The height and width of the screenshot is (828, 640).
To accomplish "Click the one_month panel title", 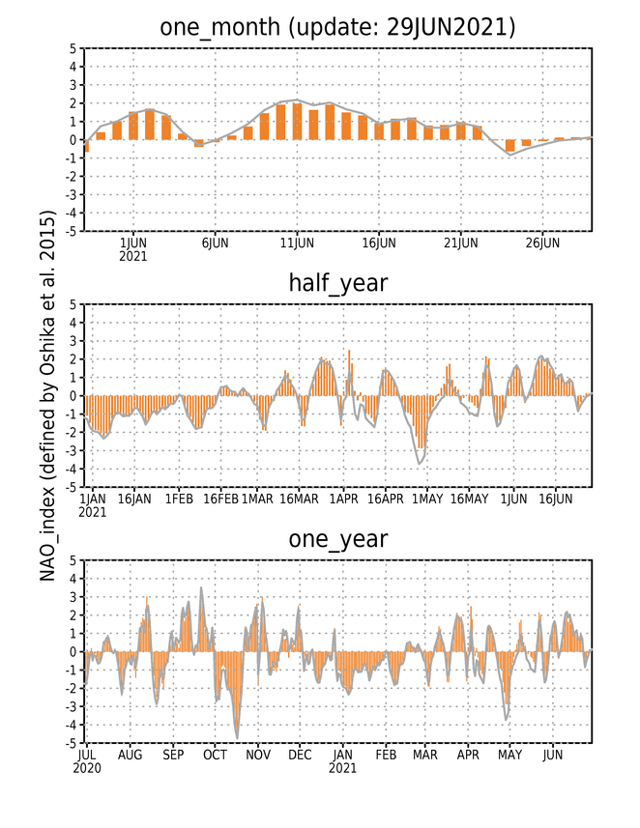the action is click(x=337, y=27).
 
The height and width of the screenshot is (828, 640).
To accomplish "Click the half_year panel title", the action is click(x=337, y=283).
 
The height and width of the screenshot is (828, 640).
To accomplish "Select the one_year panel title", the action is click(x=337, y=539).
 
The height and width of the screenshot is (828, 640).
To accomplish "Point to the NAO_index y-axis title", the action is click(x=47, y=395).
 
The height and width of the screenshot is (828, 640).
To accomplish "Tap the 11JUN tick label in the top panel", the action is click(x=297, y=243).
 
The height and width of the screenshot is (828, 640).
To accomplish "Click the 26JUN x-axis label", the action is click(x=542, y=243).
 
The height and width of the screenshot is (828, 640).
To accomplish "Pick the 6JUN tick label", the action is click(x=215, y=243).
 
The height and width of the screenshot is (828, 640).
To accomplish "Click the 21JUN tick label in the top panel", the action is click(x=461, y=243).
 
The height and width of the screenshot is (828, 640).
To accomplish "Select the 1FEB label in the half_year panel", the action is click(x=179, y=499).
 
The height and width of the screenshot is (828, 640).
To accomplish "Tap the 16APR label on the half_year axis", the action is click(x=386, y=499).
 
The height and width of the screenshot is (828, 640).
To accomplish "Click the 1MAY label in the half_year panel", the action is click(x=427, y=499).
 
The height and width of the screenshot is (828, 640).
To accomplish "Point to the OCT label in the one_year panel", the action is click(x=215, y=756).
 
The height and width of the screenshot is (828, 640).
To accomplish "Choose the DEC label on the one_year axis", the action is click(x=300, y=756).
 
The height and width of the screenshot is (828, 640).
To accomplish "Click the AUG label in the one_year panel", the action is click(x=130, y=756).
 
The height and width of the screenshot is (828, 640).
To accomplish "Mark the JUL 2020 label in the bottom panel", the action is click(x=87, y=761).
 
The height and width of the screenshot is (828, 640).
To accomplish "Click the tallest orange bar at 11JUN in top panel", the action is click(x=297, y=122).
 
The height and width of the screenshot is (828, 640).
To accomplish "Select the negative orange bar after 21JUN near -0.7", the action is click(x=510, y=146).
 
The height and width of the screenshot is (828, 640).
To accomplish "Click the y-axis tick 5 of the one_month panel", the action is click(x=73, y=48).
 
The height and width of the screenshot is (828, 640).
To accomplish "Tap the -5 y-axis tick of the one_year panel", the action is click(x=72, y=743).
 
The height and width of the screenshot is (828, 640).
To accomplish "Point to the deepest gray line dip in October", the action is click(x=237, y=738).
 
